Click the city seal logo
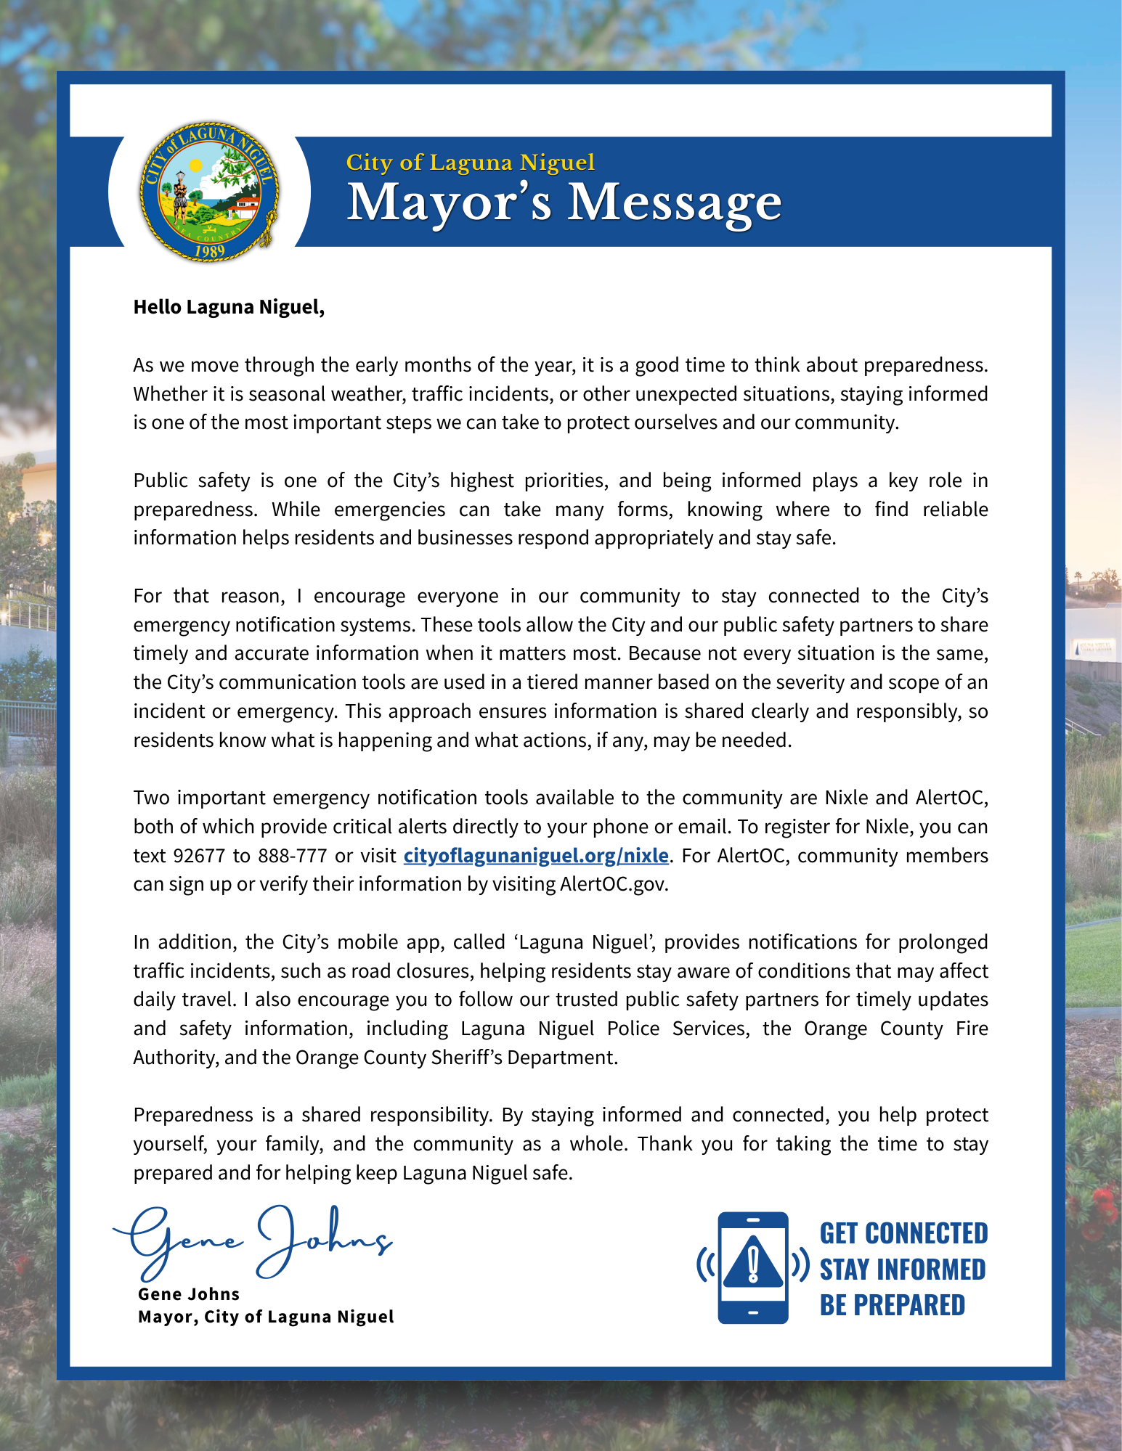pyautogui.click(x=210, y=192)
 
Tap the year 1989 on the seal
pyautogui.click(x=209, y=251)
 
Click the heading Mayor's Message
pyautogui.click(x=564, y=203)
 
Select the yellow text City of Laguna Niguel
pyautogui.click(x=470, y=162)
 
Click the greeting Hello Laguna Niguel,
pyautogui.click(x=229, y=307)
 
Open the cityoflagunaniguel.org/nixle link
pyautogui.click(x=536, y=855)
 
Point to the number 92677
pyautogui.click(x=199, y=856)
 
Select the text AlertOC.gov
pyautogui.click(x=614, y=884)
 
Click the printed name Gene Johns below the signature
pyautogui.click(x=189, y=1294)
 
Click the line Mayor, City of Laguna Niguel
pyautogui.click(x=266, y=1317)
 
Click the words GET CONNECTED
pyautogui.click(x=903, y=1233)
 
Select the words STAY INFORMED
pyautogui.click(x=903, y=1270)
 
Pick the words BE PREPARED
pyautogui.click(x=892, y=1305)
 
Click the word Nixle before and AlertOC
pyautogui.click(x=846, y=798)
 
